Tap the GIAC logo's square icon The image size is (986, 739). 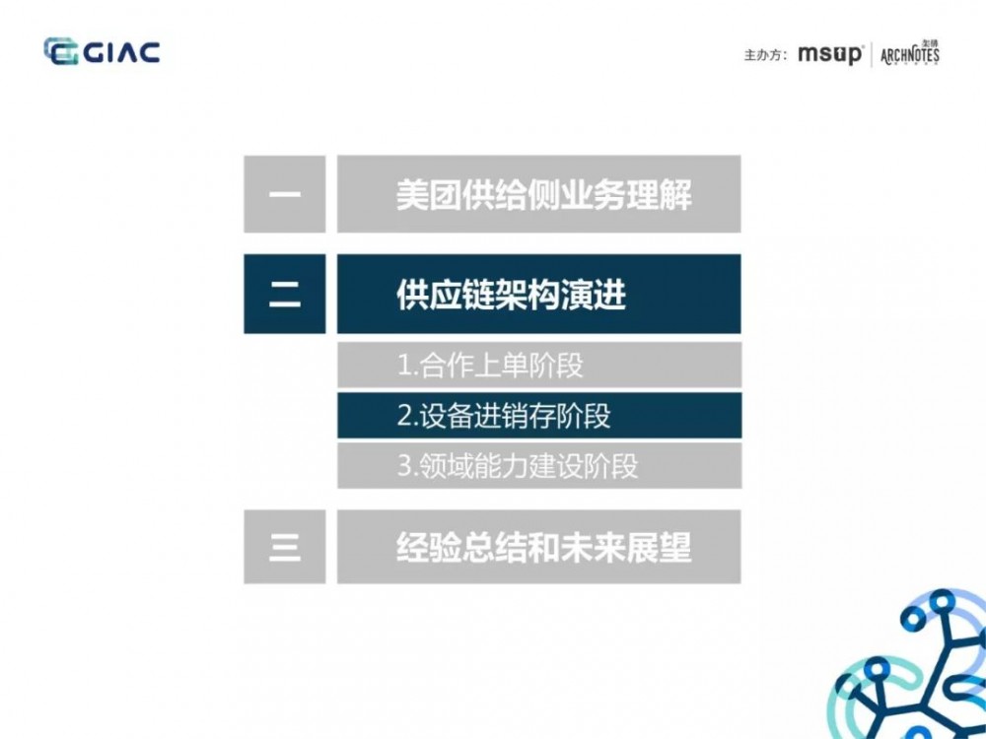[60, 51]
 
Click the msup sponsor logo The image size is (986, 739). [829, 54]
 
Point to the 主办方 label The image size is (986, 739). [765, 55]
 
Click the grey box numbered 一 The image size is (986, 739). [284, 194]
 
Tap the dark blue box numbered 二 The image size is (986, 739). [284, 294]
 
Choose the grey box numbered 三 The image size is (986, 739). [284, 547]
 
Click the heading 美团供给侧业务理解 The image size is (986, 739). [543, 194]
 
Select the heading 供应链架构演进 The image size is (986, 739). [511, 294]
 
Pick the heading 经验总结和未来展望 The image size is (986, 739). [543, 547]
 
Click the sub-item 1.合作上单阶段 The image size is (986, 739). [490, 366]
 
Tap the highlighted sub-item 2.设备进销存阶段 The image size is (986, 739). [504, 416]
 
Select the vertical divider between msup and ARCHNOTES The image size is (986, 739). [872, 54]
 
